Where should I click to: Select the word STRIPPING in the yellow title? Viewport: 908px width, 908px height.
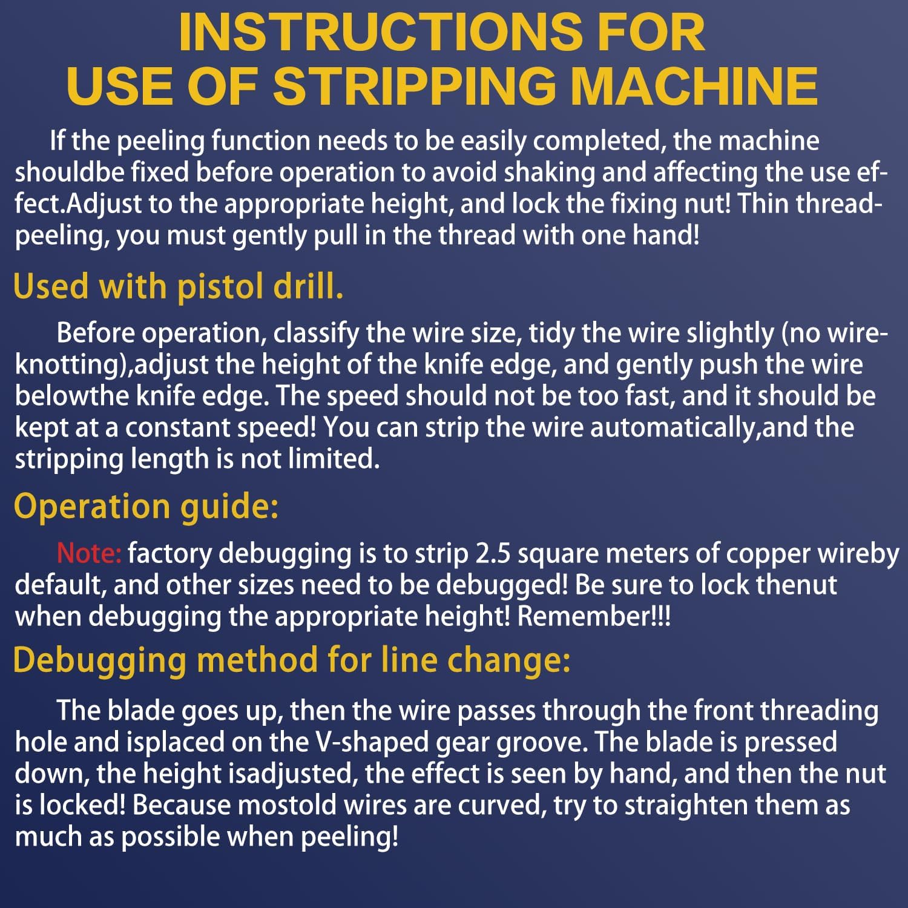click(415, 86)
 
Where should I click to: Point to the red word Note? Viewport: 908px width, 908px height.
click(89, 553)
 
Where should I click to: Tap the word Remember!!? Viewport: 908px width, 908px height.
click(594, 616)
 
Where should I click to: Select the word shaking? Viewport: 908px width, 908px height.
click(548, 172)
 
